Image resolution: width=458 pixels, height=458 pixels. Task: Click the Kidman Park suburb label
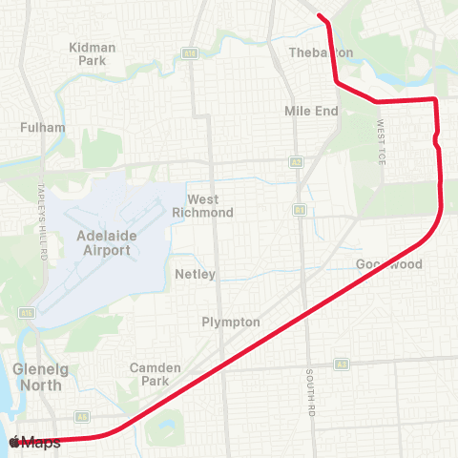(93, 53)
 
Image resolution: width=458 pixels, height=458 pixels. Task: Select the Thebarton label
(321, 52)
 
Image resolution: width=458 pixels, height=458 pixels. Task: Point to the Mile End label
(311, 111)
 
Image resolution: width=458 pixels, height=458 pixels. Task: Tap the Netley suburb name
(196, 274)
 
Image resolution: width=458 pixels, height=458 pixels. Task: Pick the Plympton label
(231, 322)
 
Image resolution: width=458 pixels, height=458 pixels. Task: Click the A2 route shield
(190, 52)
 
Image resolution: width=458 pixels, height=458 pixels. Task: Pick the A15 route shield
(26, 312)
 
